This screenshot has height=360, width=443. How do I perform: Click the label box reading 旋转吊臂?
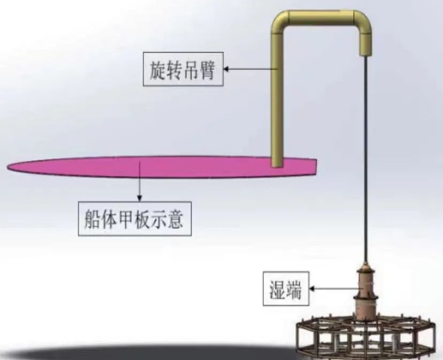click(x=182, y=68)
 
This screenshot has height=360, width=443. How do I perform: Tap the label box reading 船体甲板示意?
click(x=134, y=218)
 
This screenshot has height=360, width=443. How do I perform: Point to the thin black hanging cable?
click(x=365, y=160)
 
